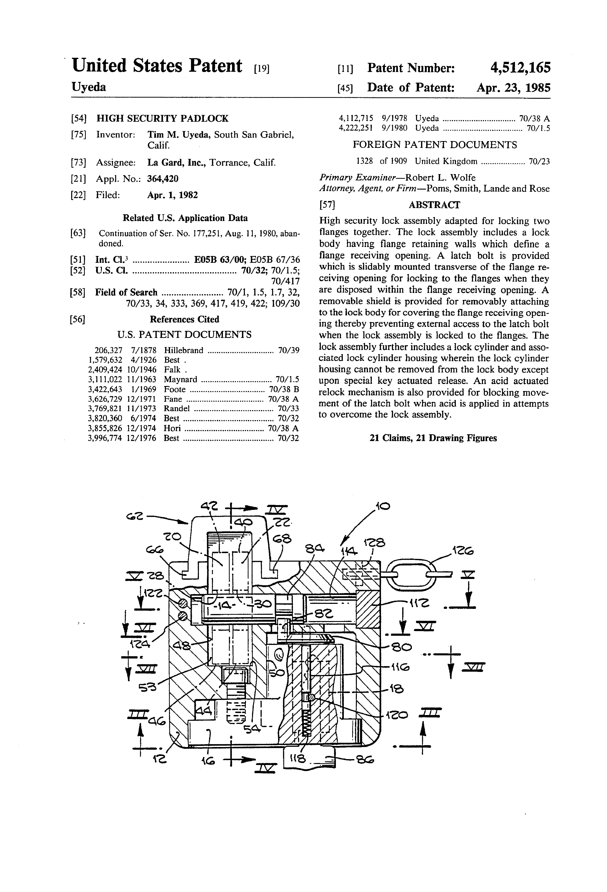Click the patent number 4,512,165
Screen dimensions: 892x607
tap(520, 68)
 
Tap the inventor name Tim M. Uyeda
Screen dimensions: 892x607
tap(179, 135)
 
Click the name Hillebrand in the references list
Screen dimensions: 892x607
tap(183, 350)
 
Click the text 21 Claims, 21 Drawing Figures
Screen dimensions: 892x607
tap(433, 438)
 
